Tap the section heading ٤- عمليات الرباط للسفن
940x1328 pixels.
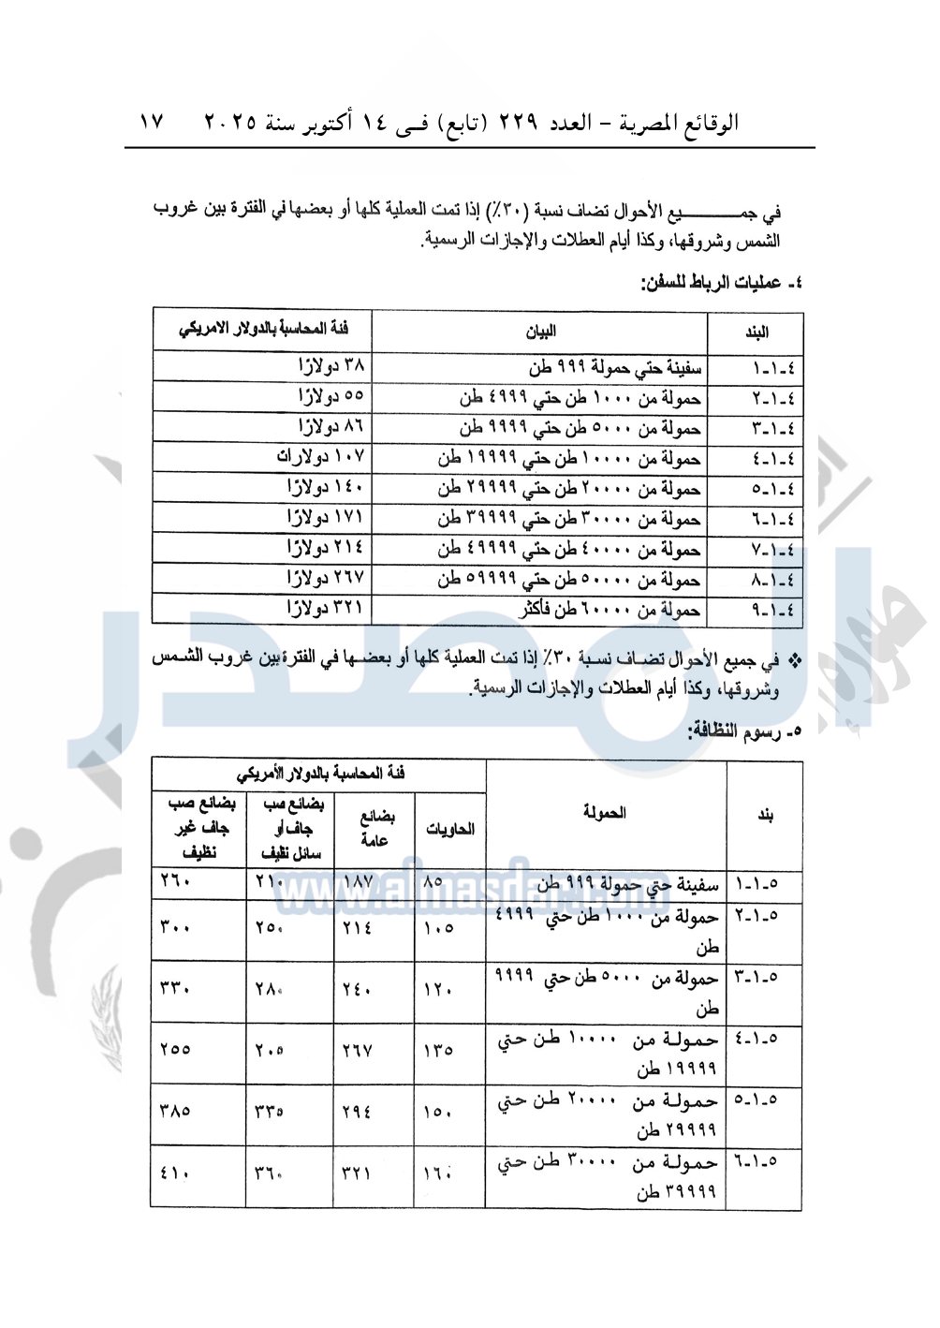click(x=722, y=282)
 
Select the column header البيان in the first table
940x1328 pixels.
click(x=540, y=332)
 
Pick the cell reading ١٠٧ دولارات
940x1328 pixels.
click(x=320, y=457)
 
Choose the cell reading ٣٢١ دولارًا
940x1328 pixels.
click(x=326, y=609)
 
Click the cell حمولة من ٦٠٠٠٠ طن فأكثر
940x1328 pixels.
click(x=610, y=610)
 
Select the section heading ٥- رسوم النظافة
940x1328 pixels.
click(x=745, y=731)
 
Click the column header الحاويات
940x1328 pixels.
click(x=450, y=829)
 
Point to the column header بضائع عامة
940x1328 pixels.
click(x=375, y=829)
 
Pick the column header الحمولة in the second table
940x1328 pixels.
click(x=605, y=813)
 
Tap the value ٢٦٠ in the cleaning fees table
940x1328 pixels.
click(x=175, y=881)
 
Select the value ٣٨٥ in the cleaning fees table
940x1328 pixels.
click(x=175, y=1112)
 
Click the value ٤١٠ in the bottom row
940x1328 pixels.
click(x=175, y=1173)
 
